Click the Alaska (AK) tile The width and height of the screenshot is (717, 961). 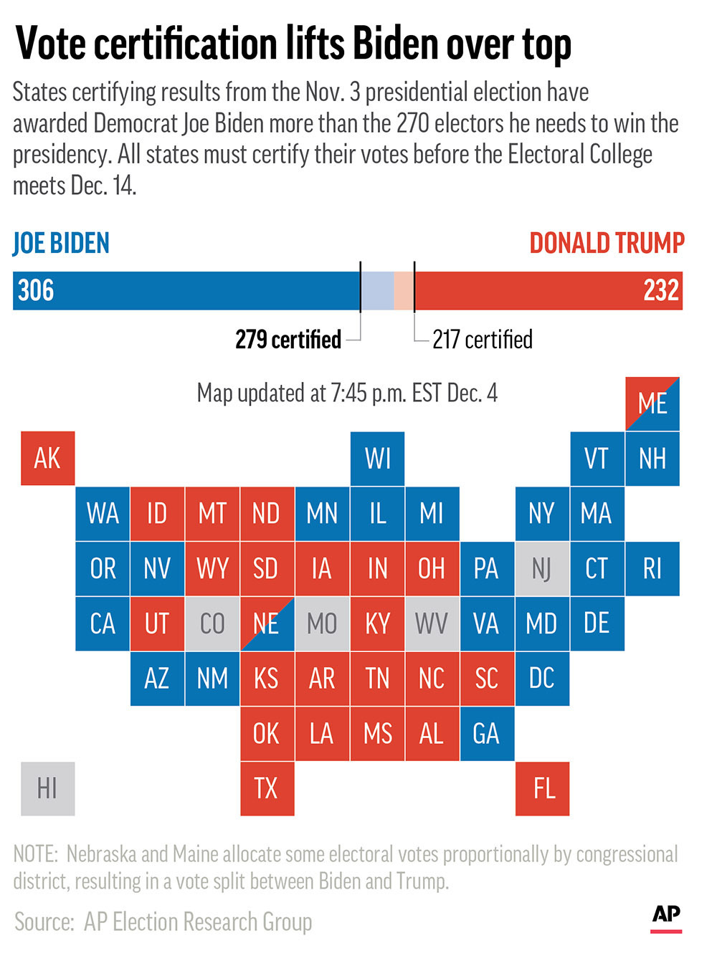[x=47, y=459]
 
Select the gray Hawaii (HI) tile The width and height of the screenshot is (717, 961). [x=47, y=788]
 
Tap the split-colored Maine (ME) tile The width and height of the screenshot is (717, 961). [x=652, y=403]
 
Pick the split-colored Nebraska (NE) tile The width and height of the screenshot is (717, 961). [x=267, y=623]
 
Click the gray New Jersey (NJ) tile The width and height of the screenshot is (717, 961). [x=542, y=568]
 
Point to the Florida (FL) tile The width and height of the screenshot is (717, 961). [x=542, y=788]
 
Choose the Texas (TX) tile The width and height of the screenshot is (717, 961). [x=267, y=788]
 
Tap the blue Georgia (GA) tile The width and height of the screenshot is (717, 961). [x=487, y=734]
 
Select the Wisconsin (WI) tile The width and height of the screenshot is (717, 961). [x=377, y=459]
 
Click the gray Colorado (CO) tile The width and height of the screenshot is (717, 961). [x=212, y=623]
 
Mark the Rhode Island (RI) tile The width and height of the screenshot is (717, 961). [x=652, y=568]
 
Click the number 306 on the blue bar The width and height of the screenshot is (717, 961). [x=36, y=290]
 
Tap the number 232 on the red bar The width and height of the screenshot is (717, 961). [x=660, y=290]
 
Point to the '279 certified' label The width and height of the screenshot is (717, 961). [x=288, y=339]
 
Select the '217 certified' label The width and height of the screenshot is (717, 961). [x=482, y=339]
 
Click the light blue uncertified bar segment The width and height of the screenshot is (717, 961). [x=377, y=290]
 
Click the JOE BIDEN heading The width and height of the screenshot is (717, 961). [x=61, y=244]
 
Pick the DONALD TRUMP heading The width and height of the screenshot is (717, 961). [x=607, y=244]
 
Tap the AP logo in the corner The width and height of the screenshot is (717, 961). [x=666, y=917]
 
